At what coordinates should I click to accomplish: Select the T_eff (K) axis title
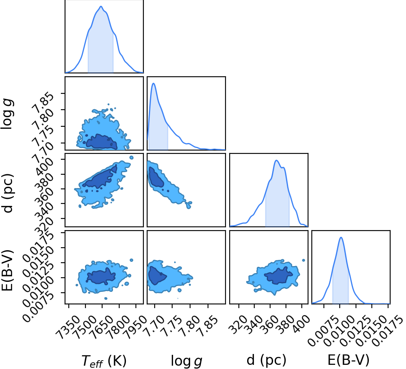click(x=104, y=361)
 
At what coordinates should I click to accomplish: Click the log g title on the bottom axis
click(x=186, y=361)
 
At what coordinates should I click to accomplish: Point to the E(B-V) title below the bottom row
click(x=348, y=360)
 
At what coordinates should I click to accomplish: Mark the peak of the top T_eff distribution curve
click(x=101, y=6)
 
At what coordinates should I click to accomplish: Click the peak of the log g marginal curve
click(x=153, y=83)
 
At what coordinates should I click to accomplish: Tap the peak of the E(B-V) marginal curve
click(x=341, y=237)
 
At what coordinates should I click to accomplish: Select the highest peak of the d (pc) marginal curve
click(x=276, y=160)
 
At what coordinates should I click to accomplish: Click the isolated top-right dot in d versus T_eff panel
click(x=132, y=158)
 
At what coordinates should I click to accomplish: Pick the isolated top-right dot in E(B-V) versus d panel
click(x=304, y=260)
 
